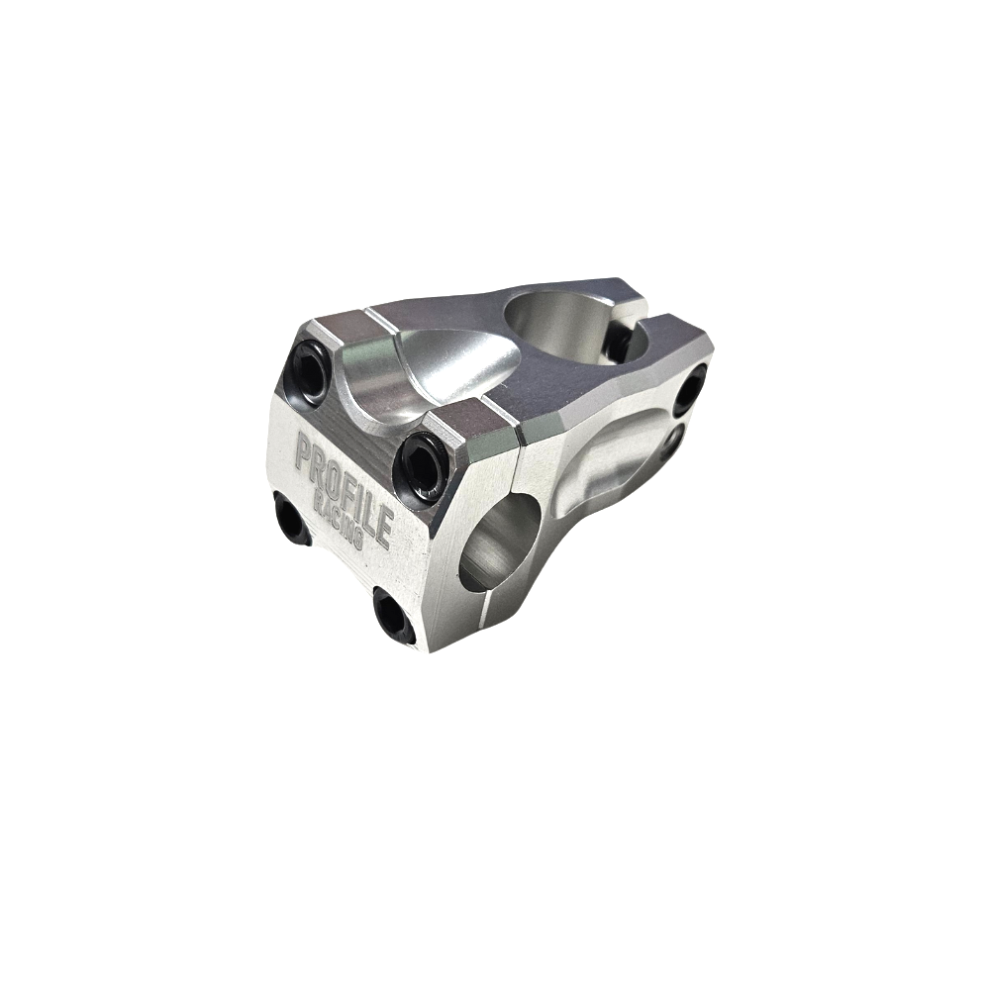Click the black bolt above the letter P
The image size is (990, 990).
[310, 370]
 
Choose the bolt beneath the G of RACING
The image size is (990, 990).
[393, 615]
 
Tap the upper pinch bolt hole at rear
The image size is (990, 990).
[692, 388]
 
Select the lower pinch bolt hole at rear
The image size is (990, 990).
[673, 441]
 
